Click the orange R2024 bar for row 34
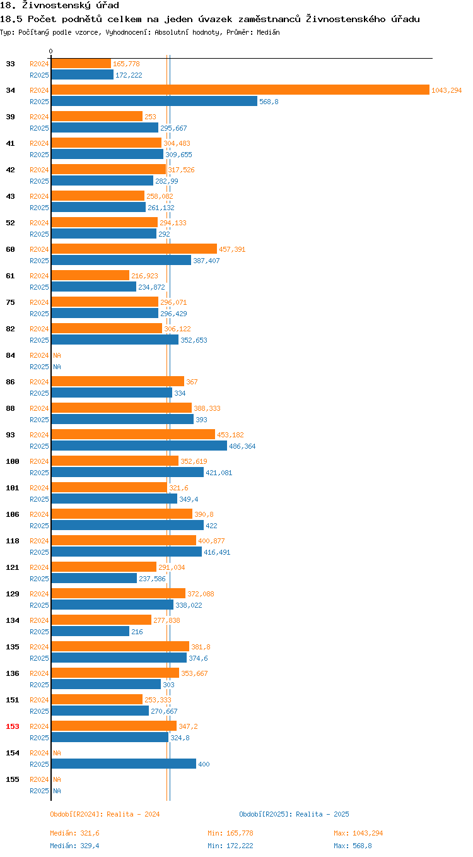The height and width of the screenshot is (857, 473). pyautogui.click(x=240, y=90)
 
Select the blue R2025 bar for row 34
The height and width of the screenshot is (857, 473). pyautogui.click(x=154, y=102)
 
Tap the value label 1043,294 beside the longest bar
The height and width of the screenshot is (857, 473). pyautogui.click(x=447, y=90)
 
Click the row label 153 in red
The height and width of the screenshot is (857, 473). pyautogui.click(x=13, y=726)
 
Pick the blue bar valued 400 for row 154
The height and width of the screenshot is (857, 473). pyautogui.click(x=124, y=764)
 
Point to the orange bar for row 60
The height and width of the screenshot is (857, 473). pyautogui.click(x=134, y=249)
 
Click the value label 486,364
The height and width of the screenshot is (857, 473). pyautogui.click(x=242, y=446)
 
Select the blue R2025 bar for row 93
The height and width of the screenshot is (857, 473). pyautogui.click(x=139, y=446)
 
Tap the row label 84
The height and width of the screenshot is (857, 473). pyautogui.click(x=11, y=355)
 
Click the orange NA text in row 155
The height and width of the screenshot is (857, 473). pyautogui.click(x=57, y=779)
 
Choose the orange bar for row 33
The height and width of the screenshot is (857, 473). pyautogui.click(x=81, y=64)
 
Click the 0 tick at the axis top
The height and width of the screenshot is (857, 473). pyautogui.click(x=51, y=51)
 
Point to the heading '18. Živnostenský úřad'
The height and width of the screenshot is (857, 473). pyautogui.click(x=59, y=6)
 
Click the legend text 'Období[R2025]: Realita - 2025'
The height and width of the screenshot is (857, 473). pyautogui.click(x=294, y=814)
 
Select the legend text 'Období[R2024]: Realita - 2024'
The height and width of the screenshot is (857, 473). pyautogui.click(x=105, y=814)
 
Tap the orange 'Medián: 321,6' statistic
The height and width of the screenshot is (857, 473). pyautogui.click(x=73, y=833)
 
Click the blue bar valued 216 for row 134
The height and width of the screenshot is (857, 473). pyautogui.click(x=90, y=632)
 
